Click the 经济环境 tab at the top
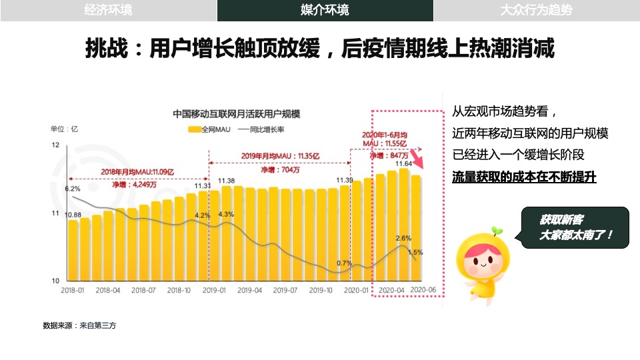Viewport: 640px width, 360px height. (109, 10)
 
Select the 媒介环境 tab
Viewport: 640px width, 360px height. (325, 10)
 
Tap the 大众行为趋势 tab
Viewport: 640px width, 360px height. (536, 10)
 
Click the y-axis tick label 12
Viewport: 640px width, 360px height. (55, 145)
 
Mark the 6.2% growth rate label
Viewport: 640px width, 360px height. (72, 189)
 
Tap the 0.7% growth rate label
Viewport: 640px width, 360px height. (344, 263)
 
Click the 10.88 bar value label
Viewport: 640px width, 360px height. (73, 215)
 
